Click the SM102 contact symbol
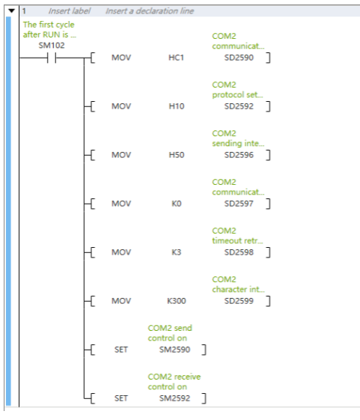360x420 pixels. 52,58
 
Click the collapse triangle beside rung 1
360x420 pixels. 11,11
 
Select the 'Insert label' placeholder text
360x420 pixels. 70,11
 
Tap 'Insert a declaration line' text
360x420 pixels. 150,11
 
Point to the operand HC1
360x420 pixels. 176,58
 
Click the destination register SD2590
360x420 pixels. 239,58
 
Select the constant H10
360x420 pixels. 177,106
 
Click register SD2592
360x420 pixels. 239,106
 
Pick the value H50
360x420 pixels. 177,155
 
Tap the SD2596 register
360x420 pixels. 239,155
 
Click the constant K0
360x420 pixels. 177,204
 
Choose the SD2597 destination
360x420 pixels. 239,204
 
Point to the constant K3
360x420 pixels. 177,252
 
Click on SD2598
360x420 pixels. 239,252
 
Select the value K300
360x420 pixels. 177,301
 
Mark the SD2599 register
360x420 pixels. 239,301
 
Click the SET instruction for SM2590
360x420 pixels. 121,350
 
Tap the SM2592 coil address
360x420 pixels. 174,398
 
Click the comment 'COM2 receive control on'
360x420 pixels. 174,382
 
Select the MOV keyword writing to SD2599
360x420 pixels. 121,301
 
